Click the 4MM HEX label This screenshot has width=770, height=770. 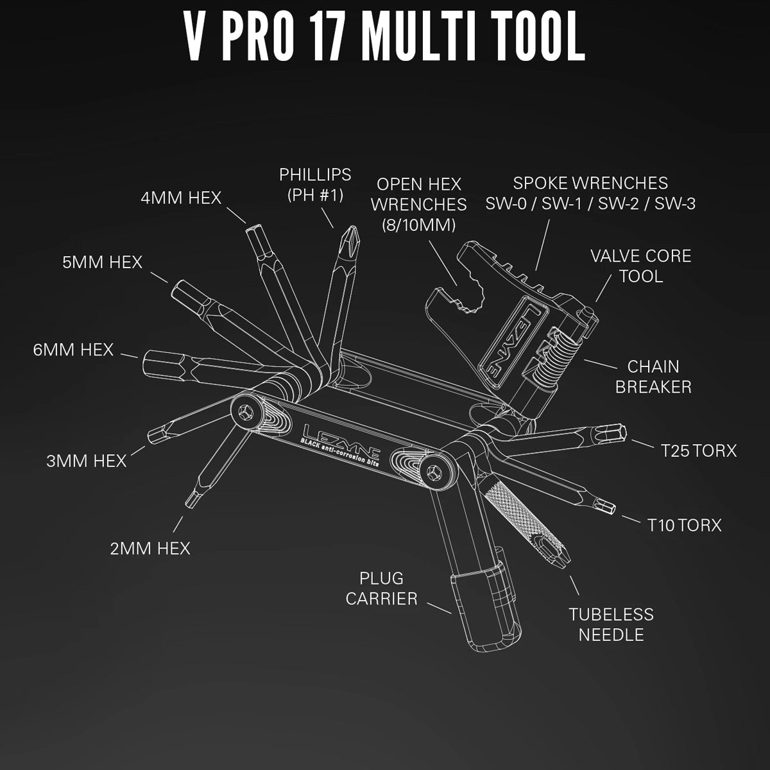181,197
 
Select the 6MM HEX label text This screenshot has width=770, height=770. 74,350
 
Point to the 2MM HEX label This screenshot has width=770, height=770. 150,549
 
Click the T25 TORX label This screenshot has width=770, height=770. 699,450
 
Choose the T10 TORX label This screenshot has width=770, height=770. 684,525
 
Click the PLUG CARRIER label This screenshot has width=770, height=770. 381,588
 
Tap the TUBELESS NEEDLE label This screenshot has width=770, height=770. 611,624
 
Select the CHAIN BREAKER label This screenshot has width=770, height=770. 653,377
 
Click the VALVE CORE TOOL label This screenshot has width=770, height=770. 641,266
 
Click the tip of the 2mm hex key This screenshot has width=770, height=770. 191,498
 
